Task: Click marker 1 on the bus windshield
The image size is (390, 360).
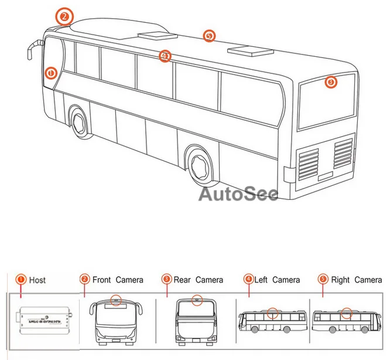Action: pos(50,73)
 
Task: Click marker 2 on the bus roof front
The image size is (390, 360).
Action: pos(63,16)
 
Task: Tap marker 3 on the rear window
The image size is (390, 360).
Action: pos(331,82)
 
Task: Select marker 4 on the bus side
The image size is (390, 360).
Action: pos(165,56)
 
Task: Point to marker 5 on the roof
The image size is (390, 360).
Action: pos(209,36)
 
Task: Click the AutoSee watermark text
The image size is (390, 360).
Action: pos(238,193)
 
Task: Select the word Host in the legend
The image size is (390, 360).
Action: pos(37,280)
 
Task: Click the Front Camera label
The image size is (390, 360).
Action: pos(118,280)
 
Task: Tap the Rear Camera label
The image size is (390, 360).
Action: pos(198,280)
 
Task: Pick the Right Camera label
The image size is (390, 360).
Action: pos(357,280)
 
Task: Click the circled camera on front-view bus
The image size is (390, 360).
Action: pos(117,301)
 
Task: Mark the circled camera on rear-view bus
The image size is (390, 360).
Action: pos(197,300)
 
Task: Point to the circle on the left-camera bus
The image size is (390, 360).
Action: pos(272,312)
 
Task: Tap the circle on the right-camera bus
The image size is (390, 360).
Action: pos(347,312)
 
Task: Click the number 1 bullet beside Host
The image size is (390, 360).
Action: pos(20,280)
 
